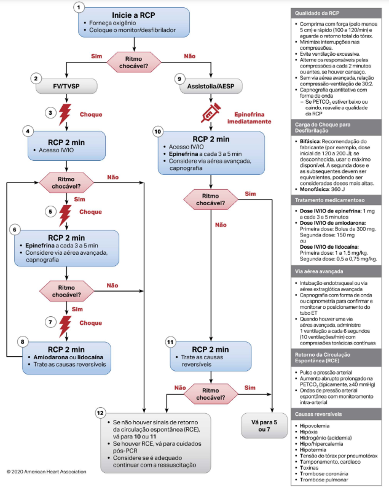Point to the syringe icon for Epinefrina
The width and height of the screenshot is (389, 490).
[x=210, y=113]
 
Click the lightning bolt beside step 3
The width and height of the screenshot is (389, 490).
[x=66, y=113]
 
